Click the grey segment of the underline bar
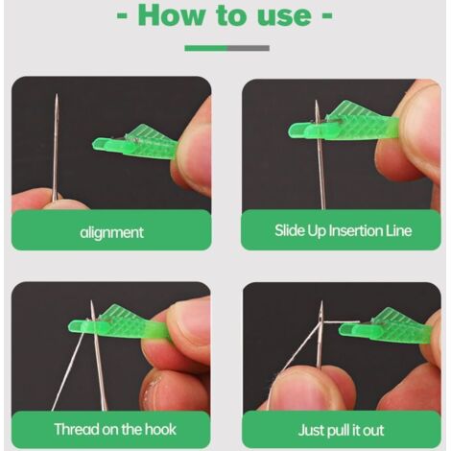pyautogui.click(x=249, y=48)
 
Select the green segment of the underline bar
pyautogui.click(x=205, y=48)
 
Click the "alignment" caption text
pyautogui.click(x=111, y=232)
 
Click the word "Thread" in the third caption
pyautogui.click(x=77, y=429)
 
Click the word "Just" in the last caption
pyautogui.click(x=310, y=430)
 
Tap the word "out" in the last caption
pyautogui.click(x=373, y=431)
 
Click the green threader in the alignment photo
pyautogui.click(x=134, y=143)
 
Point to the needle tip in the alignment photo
pyautogui.click(x=57, y=95)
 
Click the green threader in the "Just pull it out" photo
pyautogui.click(x=386, y=328)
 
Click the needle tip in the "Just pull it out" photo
pyautogui.click(x=321, y=302)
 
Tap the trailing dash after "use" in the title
pyautogui.click(x=326, y=15)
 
